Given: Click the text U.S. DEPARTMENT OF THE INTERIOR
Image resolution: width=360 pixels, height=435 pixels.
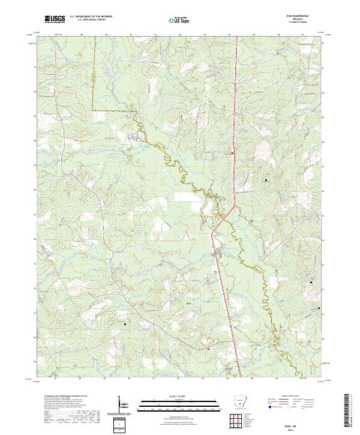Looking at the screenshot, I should [90, 17].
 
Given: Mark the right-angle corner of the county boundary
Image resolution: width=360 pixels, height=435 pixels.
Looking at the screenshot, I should [93, 111].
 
